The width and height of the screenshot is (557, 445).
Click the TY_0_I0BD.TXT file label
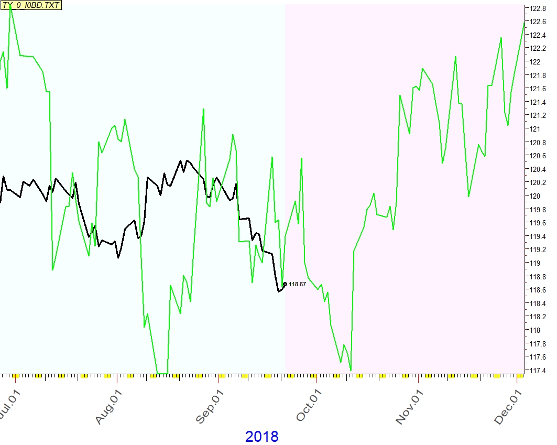[x=31, y=6]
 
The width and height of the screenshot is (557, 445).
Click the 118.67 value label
[x=297, y=284]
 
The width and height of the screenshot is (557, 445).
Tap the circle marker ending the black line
[x=285, y=284]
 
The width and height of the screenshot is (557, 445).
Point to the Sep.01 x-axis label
[x=207, y=404]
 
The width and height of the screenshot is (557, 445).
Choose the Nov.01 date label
[x=408, y=404]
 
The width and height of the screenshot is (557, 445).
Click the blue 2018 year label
[x=261, y=436]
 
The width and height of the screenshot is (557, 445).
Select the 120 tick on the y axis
[x=534, y=196]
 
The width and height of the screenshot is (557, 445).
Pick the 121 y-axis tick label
[x=534, y=129]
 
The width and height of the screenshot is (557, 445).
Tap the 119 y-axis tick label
[x=534, y=263]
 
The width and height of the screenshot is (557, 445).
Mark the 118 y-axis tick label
[x=534, y=330]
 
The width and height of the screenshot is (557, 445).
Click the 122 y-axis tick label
[x=534, y=62]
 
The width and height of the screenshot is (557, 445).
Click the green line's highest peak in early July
[x=10, y=7]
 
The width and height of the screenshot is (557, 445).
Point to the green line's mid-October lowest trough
[x=351, y=370]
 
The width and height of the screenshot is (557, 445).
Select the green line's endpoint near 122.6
[x=524, y=23]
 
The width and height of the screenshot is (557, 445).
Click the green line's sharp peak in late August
[x=203, y=109]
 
